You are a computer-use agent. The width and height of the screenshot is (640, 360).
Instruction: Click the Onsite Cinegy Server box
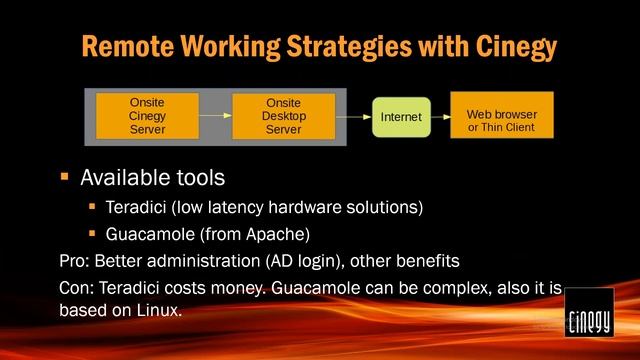pos(147,116)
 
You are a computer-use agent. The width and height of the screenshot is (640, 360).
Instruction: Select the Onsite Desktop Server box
pos(283,116)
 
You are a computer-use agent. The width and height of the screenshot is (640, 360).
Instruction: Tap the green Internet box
pos(401,117)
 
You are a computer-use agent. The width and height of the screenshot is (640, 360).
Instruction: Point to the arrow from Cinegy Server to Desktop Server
pos(215,116)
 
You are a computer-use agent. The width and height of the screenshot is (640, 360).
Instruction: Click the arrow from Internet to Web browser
pos(440,117)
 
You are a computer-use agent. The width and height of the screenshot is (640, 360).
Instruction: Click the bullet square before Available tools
pos(65,177)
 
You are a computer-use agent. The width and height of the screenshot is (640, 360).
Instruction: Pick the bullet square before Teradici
pos(93,207)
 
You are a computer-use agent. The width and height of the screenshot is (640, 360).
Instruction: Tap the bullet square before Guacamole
pos(93,236)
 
